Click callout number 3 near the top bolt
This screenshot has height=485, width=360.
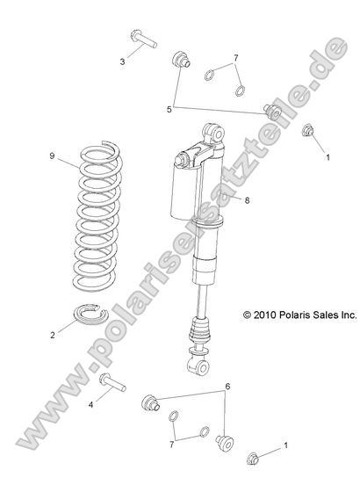(x=123, y=62)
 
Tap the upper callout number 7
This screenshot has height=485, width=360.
(x=234, y=58)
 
